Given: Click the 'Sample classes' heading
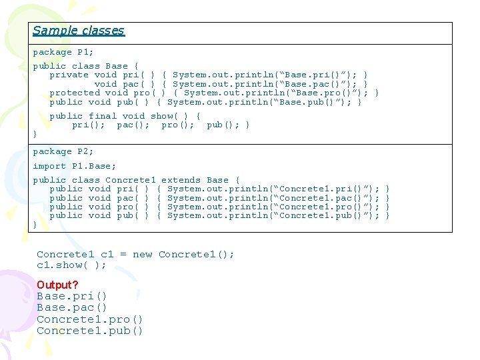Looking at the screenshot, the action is coord(79,31).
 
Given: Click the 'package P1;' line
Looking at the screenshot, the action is coord(63,52).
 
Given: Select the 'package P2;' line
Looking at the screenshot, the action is coord(63,152).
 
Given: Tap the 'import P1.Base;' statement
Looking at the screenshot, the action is coord(75,166).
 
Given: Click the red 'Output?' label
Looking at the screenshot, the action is coord(57,285).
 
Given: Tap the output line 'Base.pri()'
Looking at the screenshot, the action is coord(71,296).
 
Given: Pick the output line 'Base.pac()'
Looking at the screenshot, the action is coord(71,308).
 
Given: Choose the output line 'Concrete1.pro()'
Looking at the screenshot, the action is coord(89,319).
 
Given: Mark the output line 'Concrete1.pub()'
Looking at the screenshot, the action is coord(89,331).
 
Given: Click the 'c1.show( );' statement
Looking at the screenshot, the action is coord(71,265).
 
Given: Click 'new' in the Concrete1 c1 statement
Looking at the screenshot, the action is coord(143,254).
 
